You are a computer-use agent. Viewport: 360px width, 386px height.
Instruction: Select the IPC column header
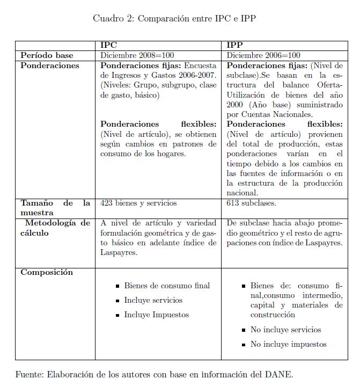[x=108, y=46]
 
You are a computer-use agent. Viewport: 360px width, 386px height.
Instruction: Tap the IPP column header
[x=234, y=46]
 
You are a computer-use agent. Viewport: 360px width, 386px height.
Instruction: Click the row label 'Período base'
[x=47, y=55]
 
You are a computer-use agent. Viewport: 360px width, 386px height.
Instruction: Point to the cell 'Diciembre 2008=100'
[x=137, y=55]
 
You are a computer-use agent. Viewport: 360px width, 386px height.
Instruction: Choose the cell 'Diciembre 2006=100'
[x=263, y=55]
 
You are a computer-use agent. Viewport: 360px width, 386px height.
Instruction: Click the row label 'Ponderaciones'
[x=49, y=65]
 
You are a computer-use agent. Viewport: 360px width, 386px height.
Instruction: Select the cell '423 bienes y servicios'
[x=138, y=203]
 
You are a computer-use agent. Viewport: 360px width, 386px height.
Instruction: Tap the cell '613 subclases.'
[x=251, y=203]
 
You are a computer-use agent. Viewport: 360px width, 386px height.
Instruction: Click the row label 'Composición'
[x=46, y=272]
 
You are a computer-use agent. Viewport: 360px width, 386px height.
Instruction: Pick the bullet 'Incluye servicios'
[x=153, y=301]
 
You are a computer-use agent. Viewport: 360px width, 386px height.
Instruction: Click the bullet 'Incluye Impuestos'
[x=156, y=315]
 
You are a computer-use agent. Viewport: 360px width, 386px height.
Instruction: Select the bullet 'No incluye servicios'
[x=285, y=330]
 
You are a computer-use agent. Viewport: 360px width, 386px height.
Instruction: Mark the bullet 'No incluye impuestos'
[x=288, y=344]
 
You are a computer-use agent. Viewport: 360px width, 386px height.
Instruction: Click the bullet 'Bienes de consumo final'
[x=167, y=286]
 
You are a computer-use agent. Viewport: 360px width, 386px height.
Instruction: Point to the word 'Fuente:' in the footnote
[x=31, y=374]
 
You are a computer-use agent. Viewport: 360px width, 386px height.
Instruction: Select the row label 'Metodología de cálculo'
[x=55, y=228]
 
